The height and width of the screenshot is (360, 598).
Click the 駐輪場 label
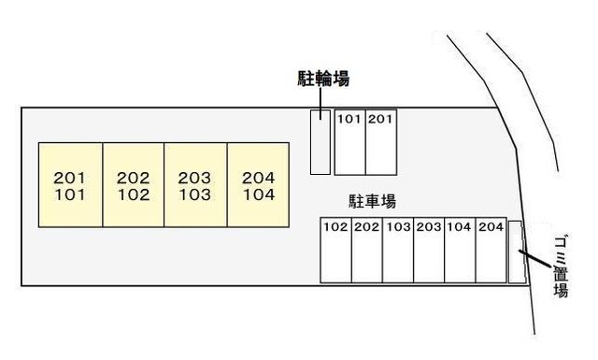point(318,80)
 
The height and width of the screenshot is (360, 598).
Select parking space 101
point(349,142)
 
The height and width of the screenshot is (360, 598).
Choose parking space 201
point(379,142)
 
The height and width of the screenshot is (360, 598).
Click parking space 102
point(335,251)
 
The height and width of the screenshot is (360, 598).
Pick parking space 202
point(366,251)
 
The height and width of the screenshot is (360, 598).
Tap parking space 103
point(397,251)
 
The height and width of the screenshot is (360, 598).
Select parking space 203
point(429,251)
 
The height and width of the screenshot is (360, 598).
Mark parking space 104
point(460,251)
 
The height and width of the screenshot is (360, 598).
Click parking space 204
point(491,251)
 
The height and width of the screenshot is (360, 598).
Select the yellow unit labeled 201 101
point(70,185)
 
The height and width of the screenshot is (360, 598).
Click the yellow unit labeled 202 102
point(134,185)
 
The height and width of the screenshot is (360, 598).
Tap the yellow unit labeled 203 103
point(195,185)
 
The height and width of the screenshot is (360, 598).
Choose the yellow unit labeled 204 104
point(258,185)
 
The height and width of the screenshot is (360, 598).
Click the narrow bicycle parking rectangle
point(320,142)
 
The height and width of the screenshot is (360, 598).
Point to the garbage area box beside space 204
point(517,251)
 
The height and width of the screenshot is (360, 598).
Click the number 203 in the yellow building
point(195,177)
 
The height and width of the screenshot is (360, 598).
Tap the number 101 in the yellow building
point(70,195)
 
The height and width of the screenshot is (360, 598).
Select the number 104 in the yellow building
point(258,195)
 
